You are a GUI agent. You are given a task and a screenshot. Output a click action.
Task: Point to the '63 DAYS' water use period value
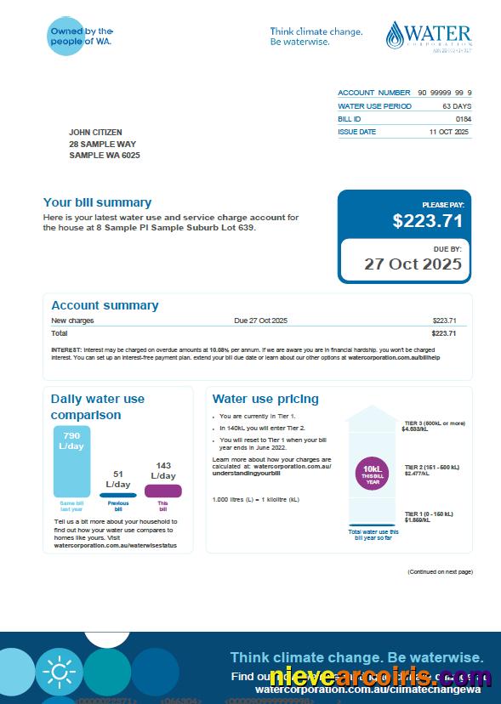(x=457, y=106)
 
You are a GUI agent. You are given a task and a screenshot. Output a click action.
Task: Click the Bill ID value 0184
(x=463, y=119)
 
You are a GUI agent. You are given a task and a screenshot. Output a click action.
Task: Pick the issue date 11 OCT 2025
(x=449, y=133)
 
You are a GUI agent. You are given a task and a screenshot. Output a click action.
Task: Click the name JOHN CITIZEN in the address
(x=95, y=133)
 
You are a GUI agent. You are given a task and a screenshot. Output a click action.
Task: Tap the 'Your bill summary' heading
(x=97, y=202)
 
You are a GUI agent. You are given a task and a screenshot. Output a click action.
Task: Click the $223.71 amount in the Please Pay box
(x=427, y=221)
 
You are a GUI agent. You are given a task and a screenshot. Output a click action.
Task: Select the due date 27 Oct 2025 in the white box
(x=413, y=264)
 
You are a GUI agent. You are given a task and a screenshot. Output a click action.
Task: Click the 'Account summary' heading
(x=105, y=305)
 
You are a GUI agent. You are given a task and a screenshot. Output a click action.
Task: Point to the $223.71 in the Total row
(x=444, y=333)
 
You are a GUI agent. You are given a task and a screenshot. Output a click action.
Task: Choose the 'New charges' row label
(x=72, y=321)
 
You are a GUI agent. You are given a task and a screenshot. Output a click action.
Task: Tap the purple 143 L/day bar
(x=162, y=491)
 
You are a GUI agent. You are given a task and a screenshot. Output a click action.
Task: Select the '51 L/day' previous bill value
(x=117, y=480)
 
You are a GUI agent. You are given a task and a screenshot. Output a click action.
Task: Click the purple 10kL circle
(x=373, y=472)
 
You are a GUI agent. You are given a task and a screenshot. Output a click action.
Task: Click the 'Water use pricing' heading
(x=265, y=399)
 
